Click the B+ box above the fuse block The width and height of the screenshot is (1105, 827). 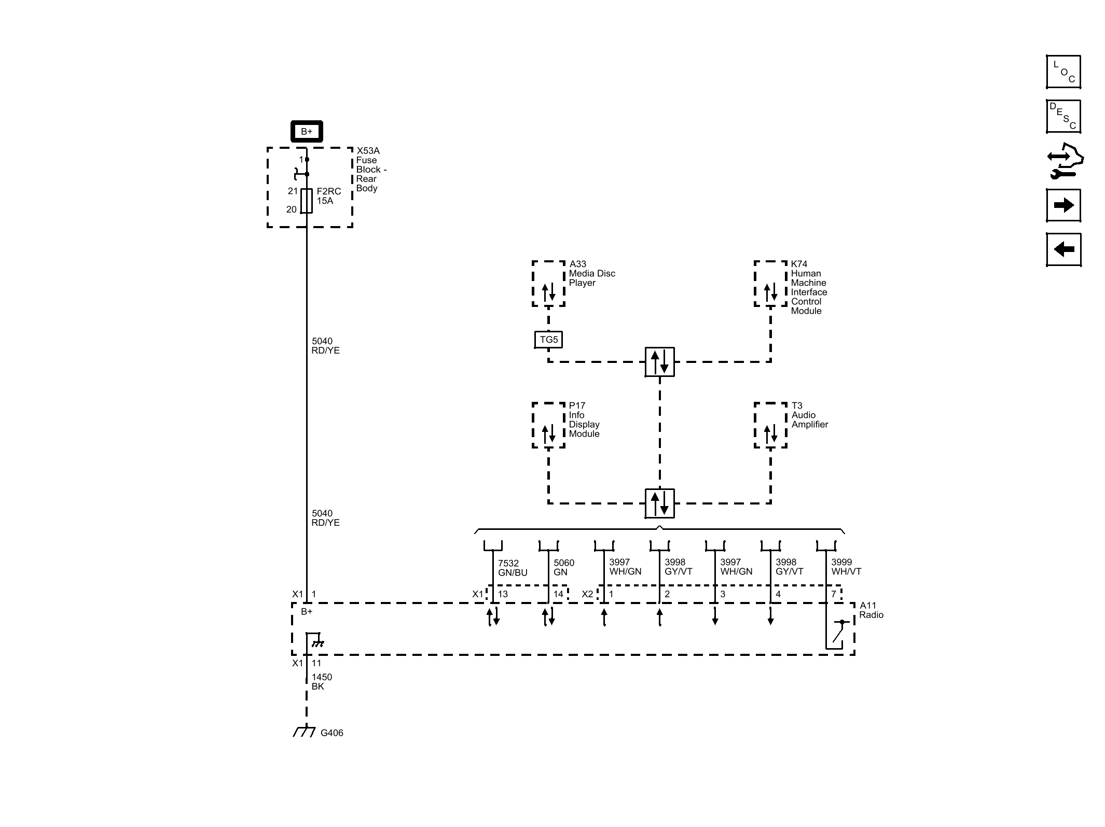point(306,131)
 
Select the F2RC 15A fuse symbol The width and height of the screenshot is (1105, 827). point(307,201)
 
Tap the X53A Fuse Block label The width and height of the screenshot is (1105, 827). point(370,169)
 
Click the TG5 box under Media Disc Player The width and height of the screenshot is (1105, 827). point(548,340)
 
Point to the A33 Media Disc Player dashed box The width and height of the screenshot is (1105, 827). point(548,284)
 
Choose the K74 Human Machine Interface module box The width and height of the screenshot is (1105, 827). point(770,284)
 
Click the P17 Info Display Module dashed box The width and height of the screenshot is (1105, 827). point(548,425)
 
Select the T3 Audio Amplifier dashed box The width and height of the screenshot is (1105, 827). point(770,425)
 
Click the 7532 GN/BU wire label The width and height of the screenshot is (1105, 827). point(512,568)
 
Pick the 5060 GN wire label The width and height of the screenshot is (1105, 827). point(563,567)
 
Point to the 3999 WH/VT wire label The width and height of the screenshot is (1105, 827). point(846,567)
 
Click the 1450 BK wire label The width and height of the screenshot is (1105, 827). point(321,681)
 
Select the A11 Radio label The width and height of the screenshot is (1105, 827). point(871,610)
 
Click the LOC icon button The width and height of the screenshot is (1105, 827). point(1063,72)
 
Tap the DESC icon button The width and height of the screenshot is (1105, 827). point(1063,117)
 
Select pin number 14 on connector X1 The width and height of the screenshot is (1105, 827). point(558,594)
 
